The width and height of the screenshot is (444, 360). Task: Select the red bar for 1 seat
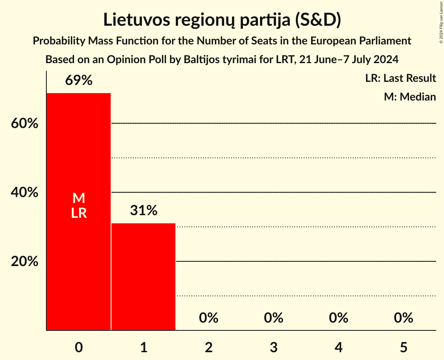[143, 277]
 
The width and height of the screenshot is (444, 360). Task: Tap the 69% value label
[79, 80]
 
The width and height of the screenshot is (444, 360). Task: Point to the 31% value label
[143, 210]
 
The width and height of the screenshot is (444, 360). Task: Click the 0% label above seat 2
[209, 318]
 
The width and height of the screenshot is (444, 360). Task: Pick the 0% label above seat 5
[403, 318]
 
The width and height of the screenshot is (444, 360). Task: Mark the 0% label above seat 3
[274, 318]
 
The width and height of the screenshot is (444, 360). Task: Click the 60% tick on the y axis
[25, 124]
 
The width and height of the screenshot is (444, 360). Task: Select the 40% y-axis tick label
[25, 192]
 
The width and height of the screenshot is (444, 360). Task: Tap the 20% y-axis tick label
[25, 261]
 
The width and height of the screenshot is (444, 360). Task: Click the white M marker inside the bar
[79, 198]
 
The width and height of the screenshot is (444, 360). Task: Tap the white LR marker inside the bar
[79, 213]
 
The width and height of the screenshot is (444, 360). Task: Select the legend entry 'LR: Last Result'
[400, 78]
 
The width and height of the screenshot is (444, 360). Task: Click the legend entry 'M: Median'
[410, 97]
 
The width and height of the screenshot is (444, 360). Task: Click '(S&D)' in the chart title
[317, 20]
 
